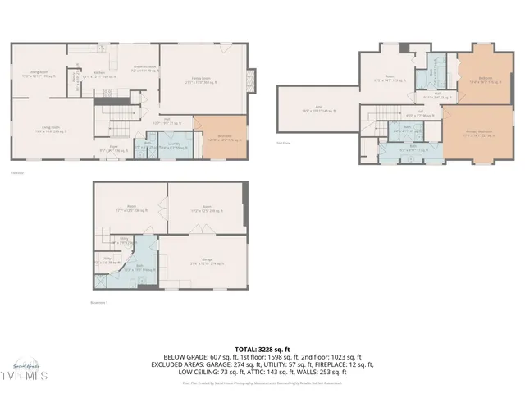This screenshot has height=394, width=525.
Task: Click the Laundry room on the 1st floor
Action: pyautogui.click(x=174, y=145)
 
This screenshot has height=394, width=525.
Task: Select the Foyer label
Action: pyautogui.click(x=108, y=150)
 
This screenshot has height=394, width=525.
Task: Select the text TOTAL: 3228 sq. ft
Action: pyautogui.click(x=262, y=349)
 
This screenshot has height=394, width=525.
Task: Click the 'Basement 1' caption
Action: pyautogui.click(x=99, y=303)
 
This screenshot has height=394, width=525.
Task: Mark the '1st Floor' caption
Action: pyautogui.click(x=16, y=172)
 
